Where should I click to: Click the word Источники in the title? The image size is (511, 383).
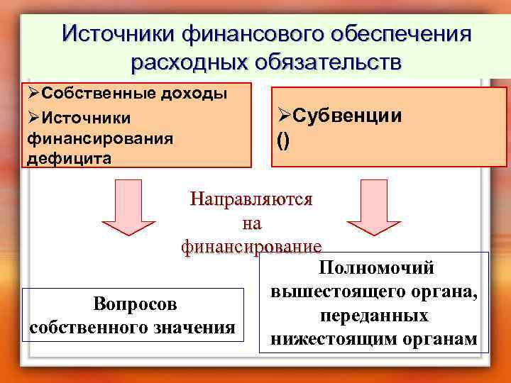(x=117, y=33)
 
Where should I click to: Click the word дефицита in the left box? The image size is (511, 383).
(x=68, y=157)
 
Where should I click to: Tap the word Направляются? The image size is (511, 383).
(x=251, y=199)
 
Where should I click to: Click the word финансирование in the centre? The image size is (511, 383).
(x=251, y=246)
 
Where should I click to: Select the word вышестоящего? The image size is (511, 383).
(x=337, y=291)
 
